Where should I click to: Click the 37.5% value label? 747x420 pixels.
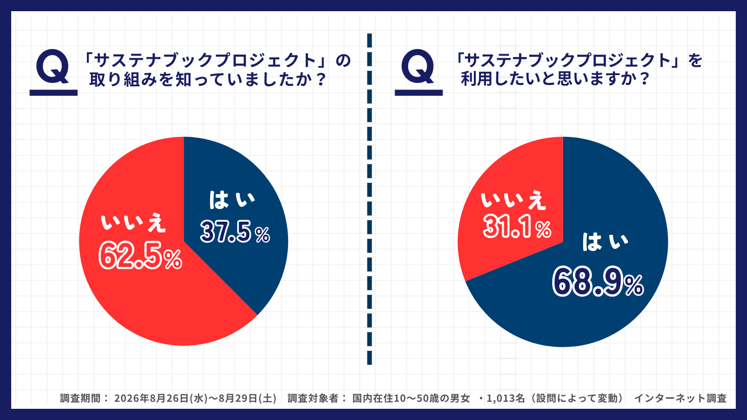(x=235, y=231)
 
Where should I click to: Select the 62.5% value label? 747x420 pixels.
(x=141, y=255)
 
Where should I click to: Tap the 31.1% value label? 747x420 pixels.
(x=517, y=226)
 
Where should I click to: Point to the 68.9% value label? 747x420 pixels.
(x=598, y=281)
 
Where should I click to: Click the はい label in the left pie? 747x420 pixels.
(x=232, y=200)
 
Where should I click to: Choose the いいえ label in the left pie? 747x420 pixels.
(x=133, y=223)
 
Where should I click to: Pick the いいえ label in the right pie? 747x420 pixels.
(x=513, y=200)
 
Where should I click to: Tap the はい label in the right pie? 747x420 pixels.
(x=605, y=241)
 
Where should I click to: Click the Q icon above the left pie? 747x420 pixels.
(x=53, y=66)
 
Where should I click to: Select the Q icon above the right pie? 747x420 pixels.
(x=418, y=66)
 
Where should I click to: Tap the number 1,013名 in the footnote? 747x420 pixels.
(x=506, y=398)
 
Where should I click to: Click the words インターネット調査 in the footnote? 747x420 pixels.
(x=680, y=398)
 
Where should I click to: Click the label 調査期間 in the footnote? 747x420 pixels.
(x=80, y=398)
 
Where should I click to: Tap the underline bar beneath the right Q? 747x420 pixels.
(x=418, y=93)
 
